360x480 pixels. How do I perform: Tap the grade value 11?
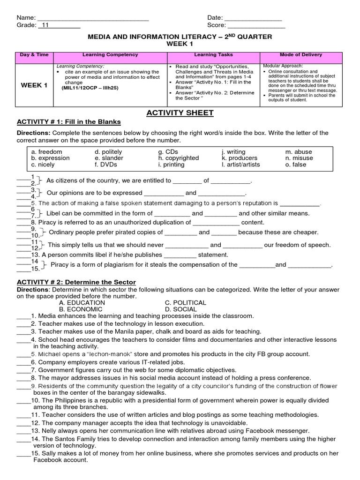pos(45,26)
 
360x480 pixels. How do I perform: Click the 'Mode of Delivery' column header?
pos(301,55)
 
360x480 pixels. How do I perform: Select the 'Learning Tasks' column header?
pos(213,55)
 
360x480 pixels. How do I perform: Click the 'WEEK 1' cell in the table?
pos(33,85)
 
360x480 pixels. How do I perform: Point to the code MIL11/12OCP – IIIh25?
pos(87,88)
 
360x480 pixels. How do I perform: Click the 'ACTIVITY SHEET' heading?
pos(180,112)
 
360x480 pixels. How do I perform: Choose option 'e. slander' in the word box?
pos(109,158)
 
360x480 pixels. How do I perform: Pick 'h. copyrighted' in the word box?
pos(178,158)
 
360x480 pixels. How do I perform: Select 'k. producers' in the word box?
pos(240,158)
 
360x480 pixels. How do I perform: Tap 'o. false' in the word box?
pos(296,165)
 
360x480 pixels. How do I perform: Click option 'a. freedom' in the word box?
pos(46,152)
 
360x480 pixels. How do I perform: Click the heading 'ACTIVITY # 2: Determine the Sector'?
pos(76,282)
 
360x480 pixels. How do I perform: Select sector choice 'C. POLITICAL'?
pos(186,303)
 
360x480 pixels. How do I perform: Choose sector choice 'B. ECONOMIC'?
pos(81,309)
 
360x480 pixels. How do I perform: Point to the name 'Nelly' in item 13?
pos(50,430)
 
